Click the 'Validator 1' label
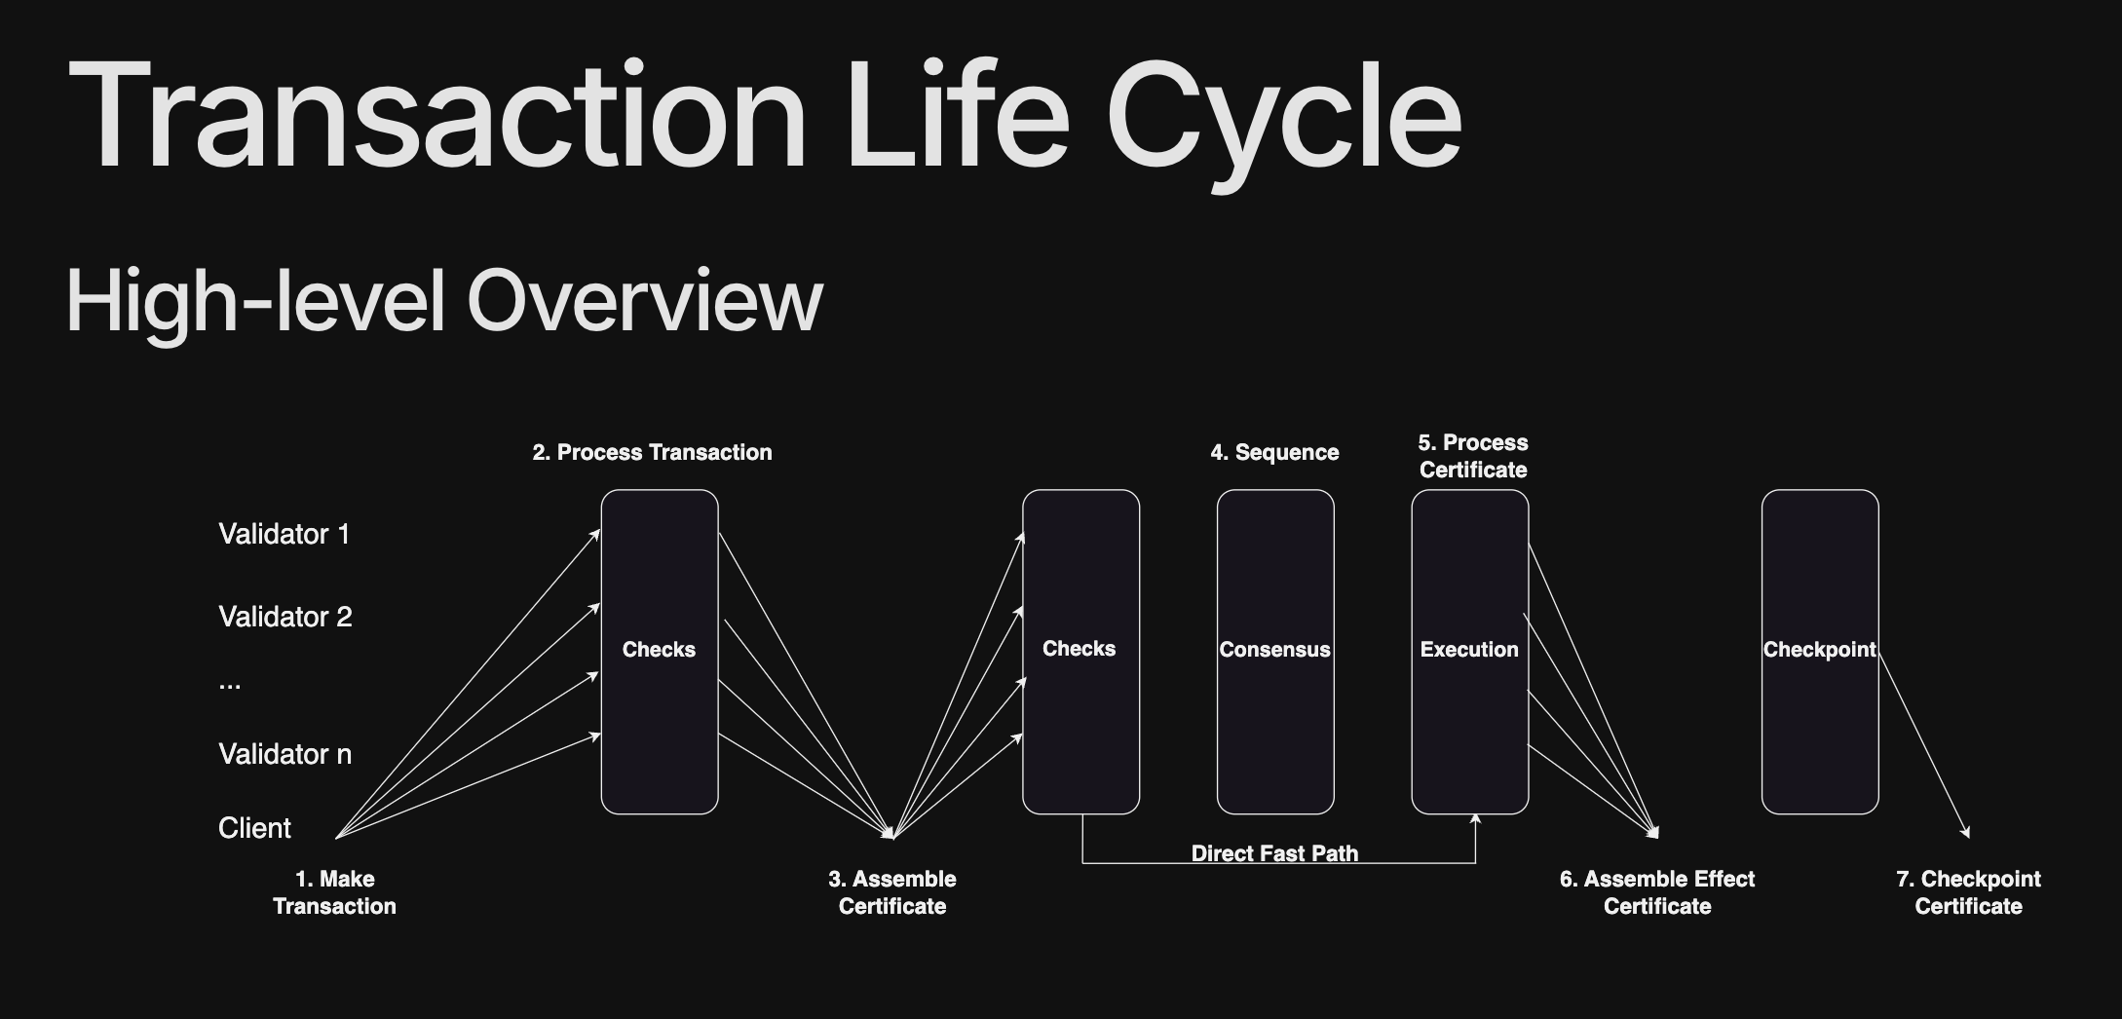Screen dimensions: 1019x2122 284,534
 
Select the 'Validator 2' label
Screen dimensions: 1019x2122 284,617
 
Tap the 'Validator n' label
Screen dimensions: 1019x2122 284,754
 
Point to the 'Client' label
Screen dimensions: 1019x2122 254,828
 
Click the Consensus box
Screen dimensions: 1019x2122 1274,650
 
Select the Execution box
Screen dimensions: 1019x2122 1469,650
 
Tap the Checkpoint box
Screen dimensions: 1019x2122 1819,650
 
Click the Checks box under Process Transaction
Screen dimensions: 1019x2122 659,650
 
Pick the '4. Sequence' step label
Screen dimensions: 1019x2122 1274,452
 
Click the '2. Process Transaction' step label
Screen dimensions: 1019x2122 652,452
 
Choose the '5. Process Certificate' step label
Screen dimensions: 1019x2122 1473,456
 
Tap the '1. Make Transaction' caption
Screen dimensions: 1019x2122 334,892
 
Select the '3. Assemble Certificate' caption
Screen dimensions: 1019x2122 892,892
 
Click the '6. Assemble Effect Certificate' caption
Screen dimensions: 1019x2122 1657,892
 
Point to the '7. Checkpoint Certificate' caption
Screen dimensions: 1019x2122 1968,892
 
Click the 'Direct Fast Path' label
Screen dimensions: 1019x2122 1274,853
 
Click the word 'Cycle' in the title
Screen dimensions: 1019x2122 1284,117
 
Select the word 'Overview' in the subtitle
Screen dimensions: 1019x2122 645,301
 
